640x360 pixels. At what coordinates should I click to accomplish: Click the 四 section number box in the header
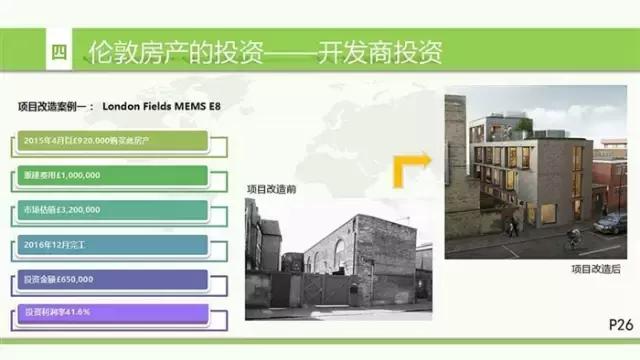click(58, 52)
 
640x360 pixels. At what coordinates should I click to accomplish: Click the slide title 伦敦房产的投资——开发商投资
click(266, 52)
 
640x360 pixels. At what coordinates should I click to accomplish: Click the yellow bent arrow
click(410, 168)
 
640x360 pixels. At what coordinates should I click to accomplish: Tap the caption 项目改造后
click(596, 269)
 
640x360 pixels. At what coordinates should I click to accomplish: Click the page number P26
click(620, 324)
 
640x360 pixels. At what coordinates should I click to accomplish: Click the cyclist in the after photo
click(572, 238)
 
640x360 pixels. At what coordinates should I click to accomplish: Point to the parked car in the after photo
click(611, 223)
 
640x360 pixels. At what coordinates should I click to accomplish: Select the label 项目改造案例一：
click(56, 104)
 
